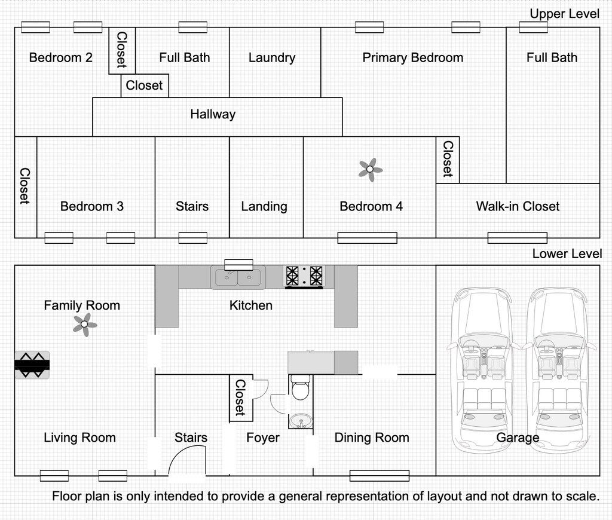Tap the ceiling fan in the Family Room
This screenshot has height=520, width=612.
tap(85, 325)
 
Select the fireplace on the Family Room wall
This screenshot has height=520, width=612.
tap(32, 365)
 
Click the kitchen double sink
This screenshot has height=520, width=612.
tap(238, 277)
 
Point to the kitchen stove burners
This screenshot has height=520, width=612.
tap(304, 276)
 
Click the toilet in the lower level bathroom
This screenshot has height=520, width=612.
tap(300, 387)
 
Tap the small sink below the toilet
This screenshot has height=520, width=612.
tap(301, 421)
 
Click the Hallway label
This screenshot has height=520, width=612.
tap(213, 114)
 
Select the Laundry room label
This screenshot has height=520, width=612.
tap(272, 58)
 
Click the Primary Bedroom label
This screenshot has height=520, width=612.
tap(413, 58)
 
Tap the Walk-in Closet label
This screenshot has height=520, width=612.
tap(518, 206)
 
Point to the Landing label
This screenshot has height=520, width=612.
tap(264, 207)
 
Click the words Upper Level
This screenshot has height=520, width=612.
tap(564, 14)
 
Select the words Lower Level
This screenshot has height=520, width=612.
tap(567, 254)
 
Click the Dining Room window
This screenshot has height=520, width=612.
tap(380, 476)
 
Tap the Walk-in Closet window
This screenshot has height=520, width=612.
tap(518, 238)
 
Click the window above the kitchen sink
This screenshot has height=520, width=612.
tap(238, 265)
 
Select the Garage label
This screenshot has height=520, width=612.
tap(518, 438)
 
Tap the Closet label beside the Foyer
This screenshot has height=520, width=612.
tap(240, 397)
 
